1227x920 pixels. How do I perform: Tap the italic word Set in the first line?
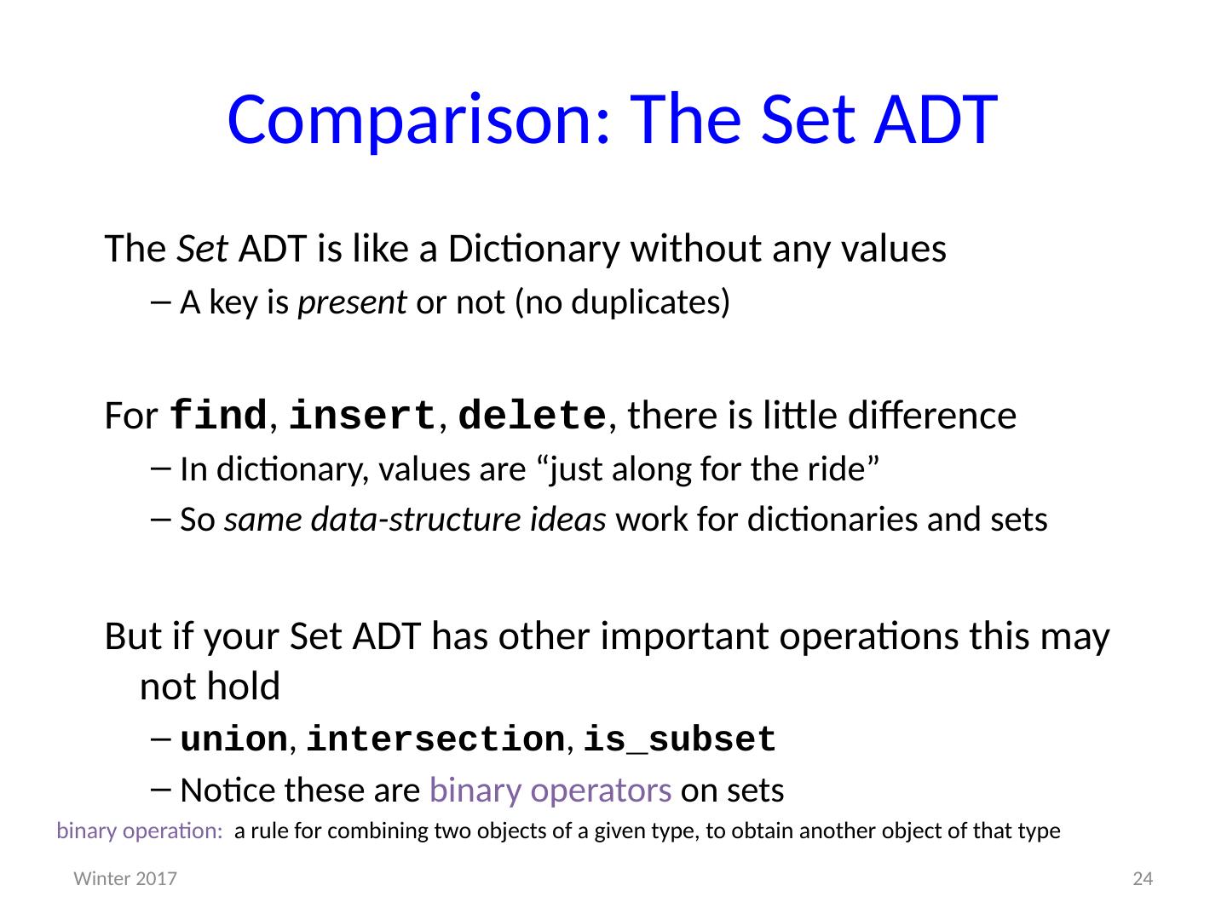[x=202, y=248]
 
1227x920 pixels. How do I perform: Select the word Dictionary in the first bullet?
[x=534, y=250]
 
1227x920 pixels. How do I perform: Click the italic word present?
[x=352, y=303]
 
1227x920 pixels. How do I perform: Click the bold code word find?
[x=218, y=415]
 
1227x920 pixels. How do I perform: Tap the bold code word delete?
[x=533, y=416]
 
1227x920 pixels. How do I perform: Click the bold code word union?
[x=233, y=739]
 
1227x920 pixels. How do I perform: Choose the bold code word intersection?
[x=436, y=739]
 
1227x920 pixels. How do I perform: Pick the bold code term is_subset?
[x=680, y=740]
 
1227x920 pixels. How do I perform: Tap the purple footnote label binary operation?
[x=140, y=831]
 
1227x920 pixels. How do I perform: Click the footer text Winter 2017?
[x=125, y=879]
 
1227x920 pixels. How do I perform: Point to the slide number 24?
[x=1143, y=879]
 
